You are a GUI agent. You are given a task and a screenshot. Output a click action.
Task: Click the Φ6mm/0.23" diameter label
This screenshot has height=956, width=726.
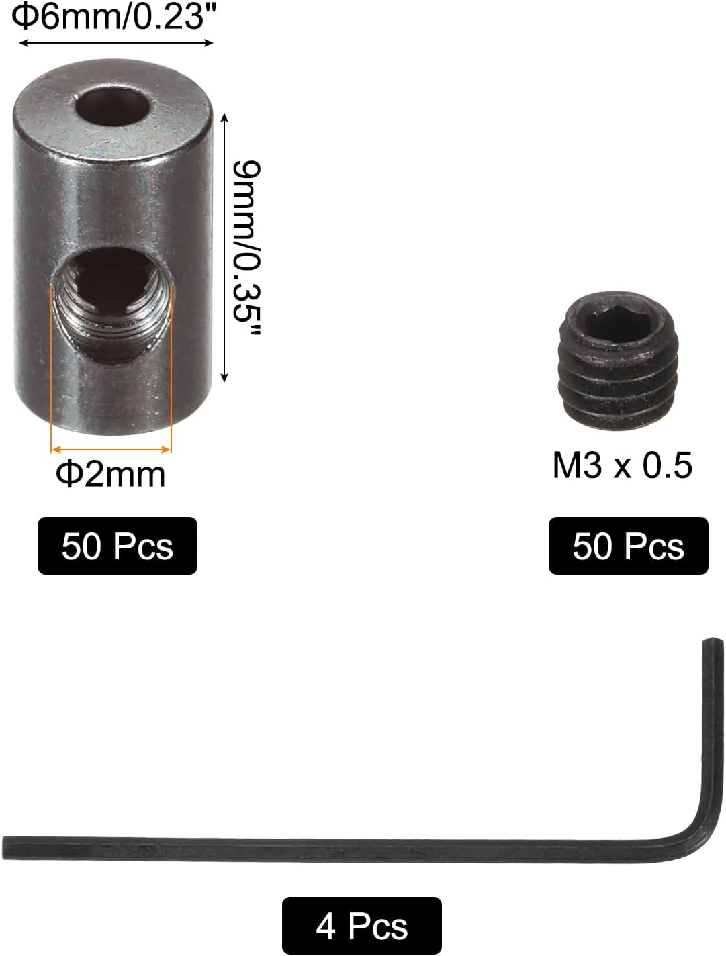pos(107,16)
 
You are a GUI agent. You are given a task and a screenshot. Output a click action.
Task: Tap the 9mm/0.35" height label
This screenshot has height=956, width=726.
pos(244,248)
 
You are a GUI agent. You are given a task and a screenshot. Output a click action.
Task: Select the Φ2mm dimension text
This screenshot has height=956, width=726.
pos(111,475)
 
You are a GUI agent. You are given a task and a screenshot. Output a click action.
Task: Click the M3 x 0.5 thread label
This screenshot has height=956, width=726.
pos(622,465)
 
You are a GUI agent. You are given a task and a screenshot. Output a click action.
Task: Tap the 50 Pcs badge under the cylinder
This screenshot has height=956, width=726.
pos(118,546)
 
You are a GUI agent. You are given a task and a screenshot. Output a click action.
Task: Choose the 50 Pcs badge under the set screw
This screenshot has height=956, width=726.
pos(628,546)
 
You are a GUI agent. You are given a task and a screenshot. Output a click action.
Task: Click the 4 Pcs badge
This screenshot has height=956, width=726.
pos(361,926)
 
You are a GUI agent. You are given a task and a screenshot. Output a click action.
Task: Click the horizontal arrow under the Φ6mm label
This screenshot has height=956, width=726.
pos(116,43)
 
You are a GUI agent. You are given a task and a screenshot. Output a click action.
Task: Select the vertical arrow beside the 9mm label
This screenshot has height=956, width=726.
pos(224,248)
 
